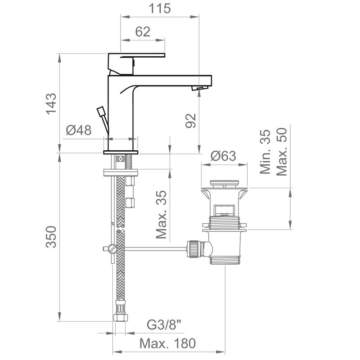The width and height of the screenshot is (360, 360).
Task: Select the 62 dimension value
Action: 142,32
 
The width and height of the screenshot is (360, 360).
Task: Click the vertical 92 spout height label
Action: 191,121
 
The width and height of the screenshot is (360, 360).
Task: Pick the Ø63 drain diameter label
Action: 223,156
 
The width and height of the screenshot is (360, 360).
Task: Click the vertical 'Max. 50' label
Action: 282,152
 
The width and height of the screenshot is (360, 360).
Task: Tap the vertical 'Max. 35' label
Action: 162,214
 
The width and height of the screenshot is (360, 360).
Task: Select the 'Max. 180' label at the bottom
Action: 167,344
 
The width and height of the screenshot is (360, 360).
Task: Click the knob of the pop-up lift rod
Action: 101,111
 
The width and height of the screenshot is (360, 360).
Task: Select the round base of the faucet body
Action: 121,153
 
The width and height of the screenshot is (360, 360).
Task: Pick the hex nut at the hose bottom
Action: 120,315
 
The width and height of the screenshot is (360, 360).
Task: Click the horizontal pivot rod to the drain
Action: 153,248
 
